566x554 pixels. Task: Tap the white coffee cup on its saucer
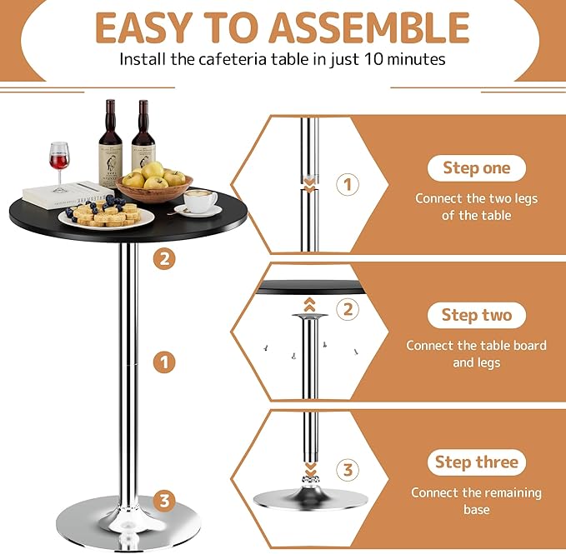199,202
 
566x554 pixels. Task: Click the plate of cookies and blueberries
106,215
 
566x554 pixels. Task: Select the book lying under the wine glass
67,194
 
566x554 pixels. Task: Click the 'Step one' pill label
476,167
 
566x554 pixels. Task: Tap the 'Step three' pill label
476,462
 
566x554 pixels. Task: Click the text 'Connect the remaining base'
476,501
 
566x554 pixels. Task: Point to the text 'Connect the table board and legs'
476,354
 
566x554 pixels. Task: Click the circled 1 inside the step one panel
348,184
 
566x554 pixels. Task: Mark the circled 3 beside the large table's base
164,501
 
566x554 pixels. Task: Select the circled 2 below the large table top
164,258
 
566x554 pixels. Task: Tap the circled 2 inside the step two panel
348,310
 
